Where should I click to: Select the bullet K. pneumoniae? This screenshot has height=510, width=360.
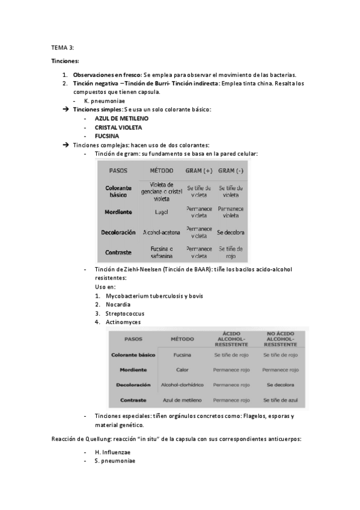point(115,101)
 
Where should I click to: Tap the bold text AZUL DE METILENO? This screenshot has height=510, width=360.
point(121,118)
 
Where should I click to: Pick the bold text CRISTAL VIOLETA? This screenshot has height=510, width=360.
point(118,127)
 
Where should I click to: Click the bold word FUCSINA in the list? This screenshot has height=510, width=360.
point(107,136)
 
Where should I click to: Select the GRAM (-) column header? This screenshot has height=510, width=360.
point(231,170)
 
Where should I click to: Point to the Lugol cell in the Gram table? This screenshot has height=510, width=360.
point(162,212)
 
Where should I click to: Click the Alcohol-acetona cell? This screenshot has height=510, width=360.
point(162,232)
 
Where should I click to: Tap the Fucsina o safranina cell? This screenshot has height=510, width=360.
point(162,252)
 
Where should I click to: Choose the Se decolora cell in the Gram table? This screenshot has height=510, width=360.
point(231,232)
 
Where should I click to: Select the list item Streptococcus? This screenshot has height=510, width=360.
point(125,313)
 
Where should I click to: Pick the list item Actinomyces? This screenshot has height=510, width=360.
point(123,322)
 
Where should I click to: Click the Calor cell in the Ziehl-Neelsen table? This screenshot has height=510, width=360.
point(182,369)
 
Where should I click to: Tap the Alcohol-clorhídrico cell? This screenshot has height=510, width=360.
point(182,384)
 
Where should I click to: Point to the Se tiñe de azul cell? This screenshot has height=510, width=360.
point(280,399)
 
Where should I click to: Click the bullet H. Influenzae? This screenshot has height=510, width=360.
point(113,452)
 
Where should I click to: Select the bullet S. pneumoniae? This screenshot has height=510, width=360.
point(115,461)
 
